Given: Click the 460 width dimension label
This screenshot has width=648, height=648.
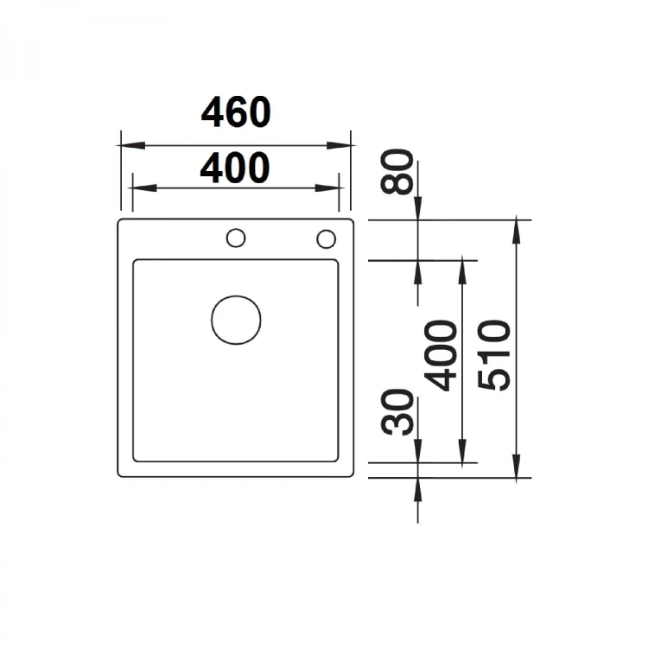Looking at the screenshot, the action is (236, 112).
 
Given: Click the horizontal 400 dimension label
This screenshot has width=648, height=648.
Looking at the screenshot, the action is (235, 168).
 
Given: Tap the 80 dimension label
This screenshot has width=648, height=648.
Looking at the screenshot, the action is (397, 172).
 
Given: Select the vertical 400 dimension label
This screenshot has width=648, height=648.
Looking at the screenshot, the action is (441, 355).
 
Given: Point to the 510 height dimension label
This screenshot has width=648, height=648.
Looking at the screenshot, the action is (493, 355).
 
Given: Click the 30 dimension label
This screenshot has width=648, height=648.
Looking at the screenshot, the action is (397, 412).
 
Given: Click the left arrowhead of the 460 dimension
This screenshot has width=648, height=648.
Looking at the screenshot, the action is (131, 145).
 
